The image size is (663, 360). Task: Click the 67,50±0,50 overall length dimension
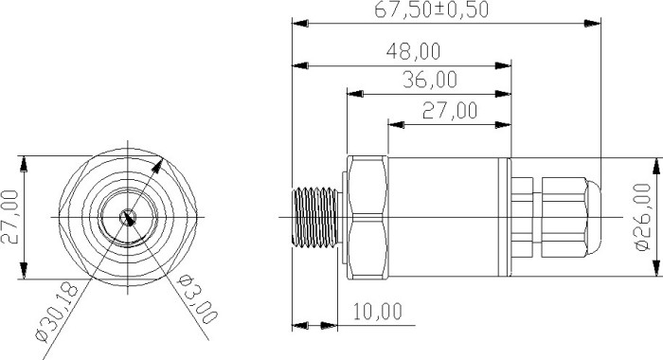click(431, 9)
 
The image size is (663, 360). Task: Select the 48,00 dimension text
click(413, 51)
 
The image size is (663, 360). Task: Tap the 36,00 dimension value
click(430, 80)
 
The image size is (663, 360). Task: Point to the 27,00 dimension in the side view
click(450, 111)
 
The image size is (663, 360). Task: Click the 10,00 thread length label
click(378, 313)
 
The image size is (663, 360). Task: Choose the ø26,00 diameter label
click(643, 217)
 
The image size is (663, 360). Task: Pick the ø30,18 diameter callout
click(58, 313)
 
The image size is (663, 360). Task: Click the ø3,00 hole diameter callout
click(197, 298)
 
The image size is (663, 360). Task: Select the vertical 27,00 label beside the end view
click(10, 217)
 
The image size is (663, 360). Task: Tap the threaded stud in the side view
click(315, 218)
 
